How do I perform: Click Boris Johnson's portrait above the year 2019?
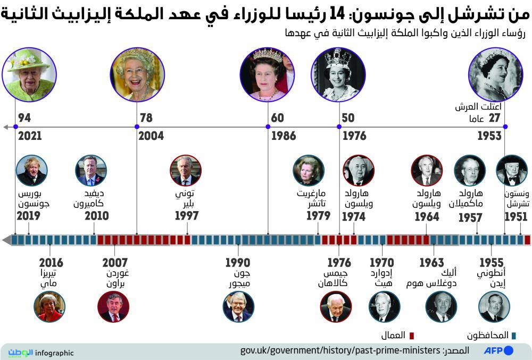click(32, 170)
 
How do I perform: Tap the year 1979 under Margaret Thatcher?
click(319, 216)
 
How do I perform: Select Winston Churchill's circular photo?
click(512, 170)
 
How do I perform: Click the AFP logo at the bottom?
click(498, 351)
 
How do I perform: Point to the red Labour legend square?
click(411, 336)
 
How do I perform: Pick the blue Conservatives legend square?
click(513, 336)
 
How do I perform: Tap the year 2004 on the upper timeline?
click(151, 136)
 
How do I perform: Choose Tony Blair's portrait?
click(185, 170)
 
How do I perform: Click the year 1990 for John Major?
click(237, 263)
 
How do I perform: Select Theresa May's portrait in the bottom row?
click(49, 307)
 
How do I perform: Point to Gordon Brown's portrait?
click(113, 307)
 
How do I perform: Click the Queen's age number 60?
click(277, 118)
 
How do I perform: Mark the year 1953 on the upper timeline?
click(489, 136)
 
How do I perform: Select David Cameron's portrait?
click(91, 170)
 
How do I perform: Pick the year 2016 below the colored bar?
click(51, 263)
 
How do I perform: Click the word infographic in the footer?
click(55, 353)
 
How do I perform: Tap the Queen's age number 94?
click(24, 118)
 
